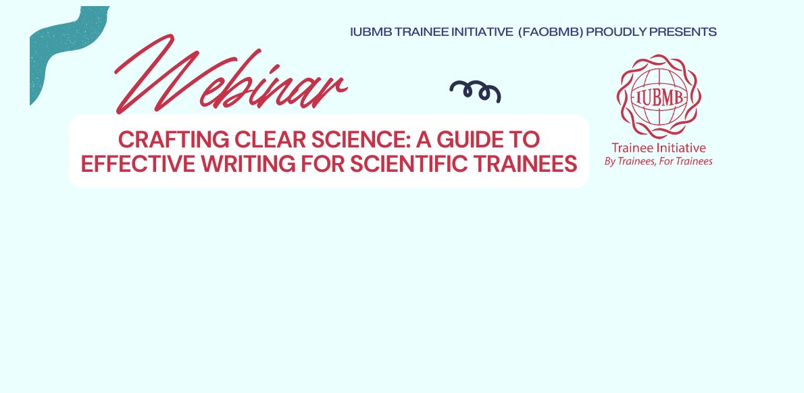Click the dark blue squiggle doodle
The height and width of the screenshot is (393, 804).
(x=475, y=91)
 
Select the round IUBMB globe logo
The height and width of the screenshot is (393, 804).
(x=659, y=95)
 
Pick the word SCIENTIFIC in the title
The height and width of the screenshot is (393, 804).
(x=413, y=164)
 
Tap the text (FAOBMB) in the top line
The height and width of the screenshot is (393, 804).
(x=550, y=32)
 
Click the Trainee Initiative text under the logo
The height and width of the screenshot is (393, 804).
(x=658, y=147)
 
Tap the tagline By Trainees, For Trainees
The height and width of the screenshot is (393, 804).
(x=658, y=162)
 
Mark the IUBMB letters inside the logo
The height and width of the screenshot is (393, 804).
(x=659, y=95)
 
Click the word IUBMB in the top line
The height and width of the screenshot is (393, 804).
(x=368, y=32)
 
